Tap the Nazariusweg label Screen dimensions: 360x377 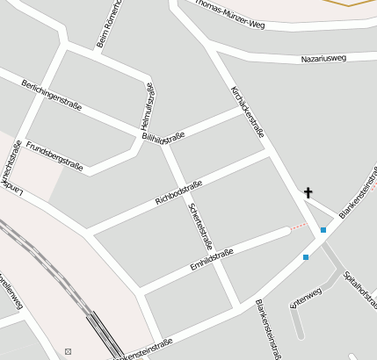pyautogui.click(x=324, y=58)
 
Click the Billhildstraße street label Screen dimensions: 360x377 pyautogui.click(x=163, y=138)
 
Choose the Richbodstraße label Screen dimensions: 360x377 pyautogui.click(x=178, y=192)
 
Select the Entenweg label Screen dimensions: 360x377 pyautogui.click(x=306, y=298)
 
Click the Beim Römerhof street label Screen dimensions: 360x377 pyautogui.click(x=107, y=25)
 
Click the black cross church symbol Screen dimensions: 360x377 pyautogui.click(x=308, y=192)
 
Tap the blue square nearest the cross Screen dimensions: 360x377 pyautogui.click(x=323, y=230)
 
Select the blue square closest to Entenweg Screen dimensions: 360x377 pyautogui.click(x=306, y=257)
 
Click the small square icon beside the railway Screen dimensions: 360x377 pyautogui.click(x=68, y=352)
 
